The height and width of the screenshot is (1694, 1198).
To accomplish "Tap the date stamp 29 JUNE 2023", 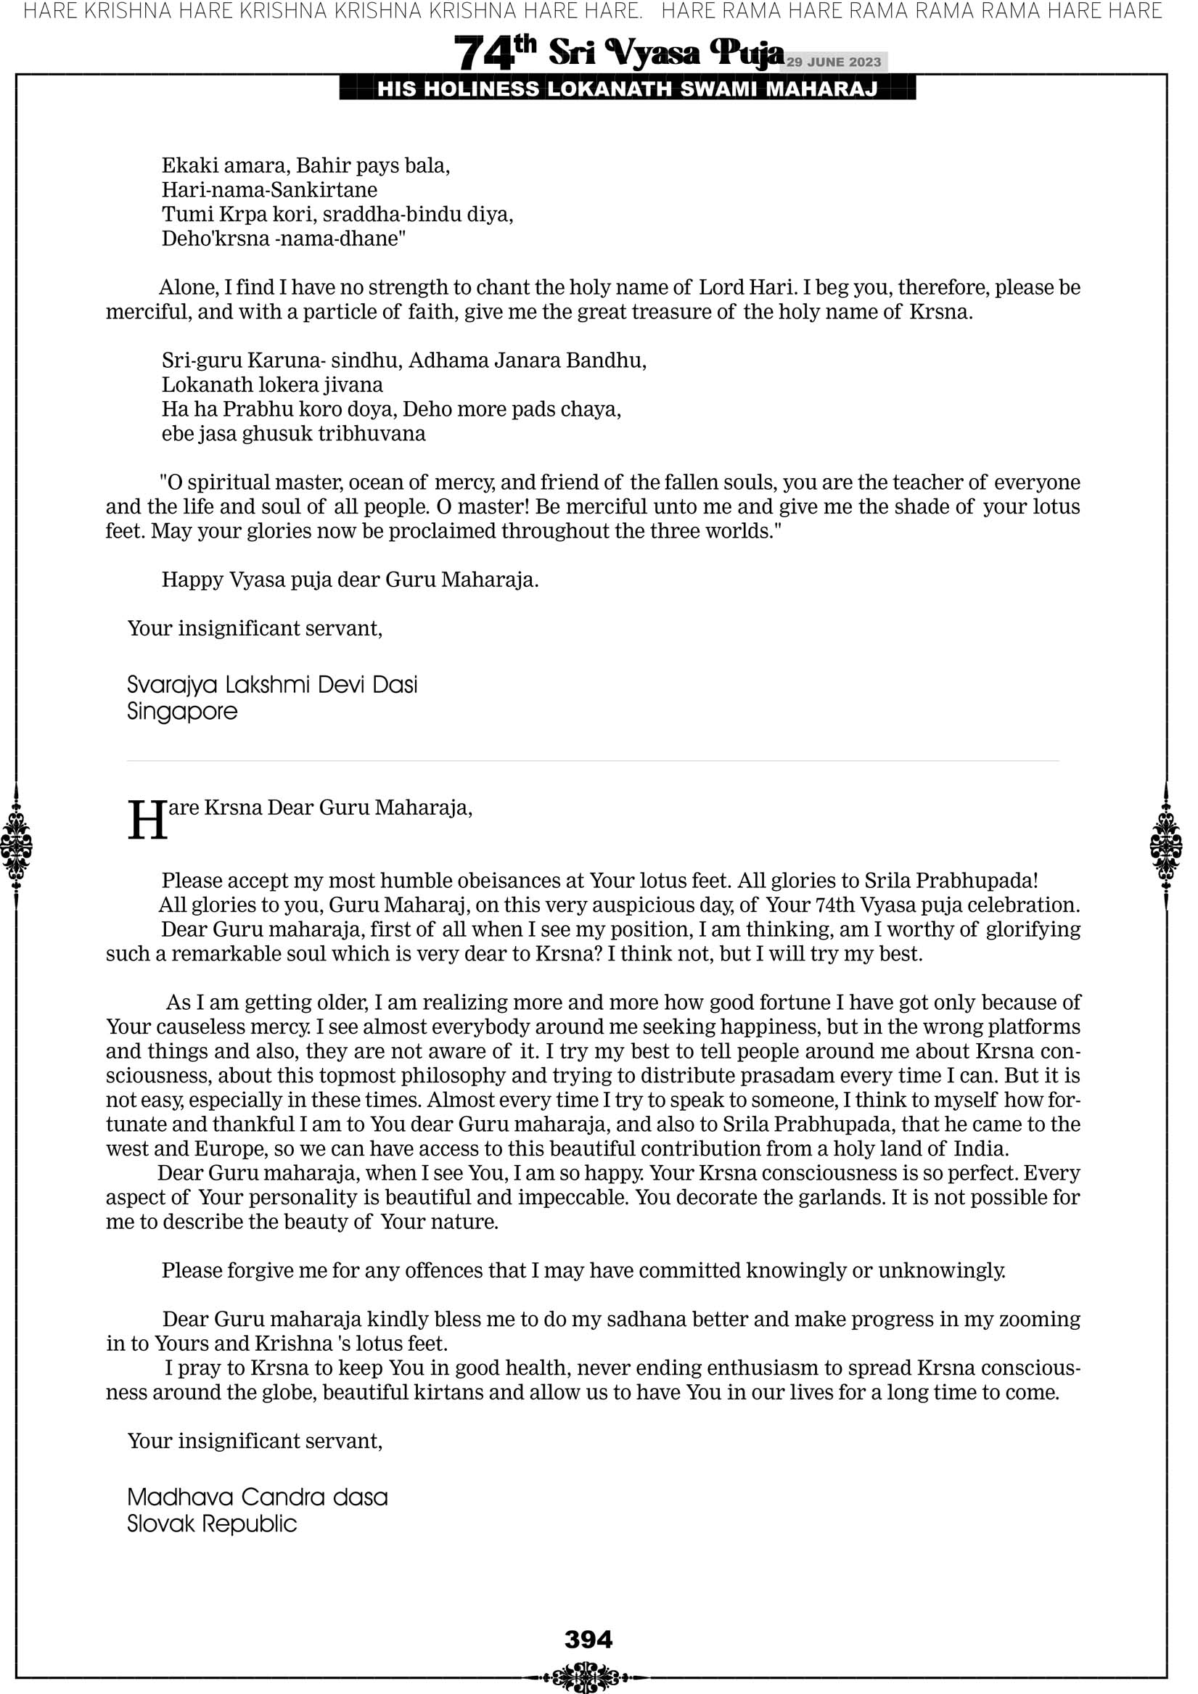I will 833,62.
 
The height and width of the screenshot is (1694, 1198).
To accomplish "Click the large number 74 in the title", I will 483,54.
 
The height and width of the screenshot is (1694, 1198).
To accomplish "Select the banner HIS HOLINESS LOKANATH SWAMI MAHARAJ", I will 628,89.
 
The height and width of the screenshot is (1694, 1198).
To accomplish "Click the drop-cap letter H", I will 147,821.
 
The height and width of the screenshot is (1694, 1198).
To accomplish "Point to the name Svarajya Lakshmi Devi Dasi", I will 272,685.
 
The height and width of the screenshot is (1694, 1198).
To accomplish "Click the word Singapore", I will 182,712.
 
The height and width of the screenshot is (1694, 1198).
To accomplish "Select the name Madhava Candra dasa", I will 258,1497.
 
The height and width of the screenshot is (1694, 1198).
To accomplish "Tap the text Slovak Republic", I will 212,1524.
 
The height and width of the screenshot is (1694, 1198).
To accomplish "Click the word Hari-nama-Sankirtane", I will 269,190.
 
